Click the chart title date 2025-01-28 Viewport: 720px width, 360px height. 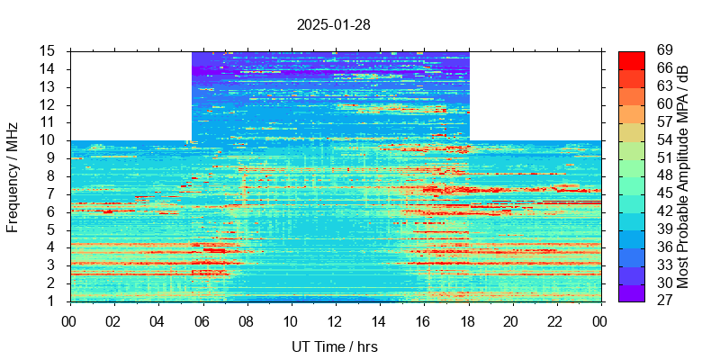[333, 24]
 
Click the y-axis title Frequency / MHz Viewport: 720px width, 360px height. [13, 176]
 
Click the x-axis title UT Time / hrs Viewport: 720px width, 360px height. [334, 346]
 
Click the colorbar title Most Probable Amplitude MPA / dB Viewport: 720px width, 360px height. [683, 176]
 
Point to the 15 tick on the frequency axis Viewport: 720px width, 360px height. [49, 51]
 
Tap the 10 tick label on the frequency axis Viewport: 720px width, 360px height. [49, 140]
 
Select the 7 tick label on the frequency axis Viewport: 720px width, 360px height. [52, 193]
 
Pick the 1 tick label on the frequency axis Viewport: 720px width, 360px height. [52, 301]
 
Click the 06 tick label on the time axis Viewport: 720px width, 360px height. [202, 320]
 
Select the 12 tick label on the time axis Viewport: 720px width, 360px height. [334, 320]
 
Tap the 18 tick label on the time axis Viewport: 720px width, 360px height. [467, 320]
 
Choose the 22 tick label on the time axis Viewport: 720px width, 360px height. [555, 320]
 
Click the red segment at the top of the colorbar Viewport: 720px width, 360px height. [631, 60]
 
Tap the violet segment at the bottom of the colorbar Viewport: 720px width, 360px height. [631, 292]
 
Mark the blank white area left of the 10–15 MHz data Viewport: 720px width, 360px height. [130, 95]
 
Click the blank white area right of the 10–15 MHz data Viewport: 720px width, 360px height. [535, 95]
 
